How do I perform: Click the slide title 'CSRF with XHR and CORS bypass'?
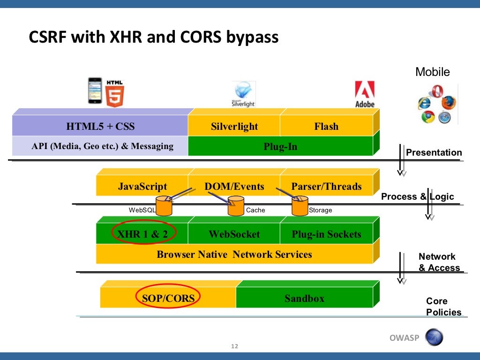point(154,37)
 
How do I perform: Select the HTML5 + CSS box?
point(100,127)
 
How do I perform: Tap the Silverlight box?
point(234,127)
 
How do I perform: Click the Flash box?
point(326,127)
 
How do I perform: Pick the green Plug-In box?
point(280,147)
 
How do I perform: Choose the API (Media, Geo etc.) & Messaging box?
point(102,146)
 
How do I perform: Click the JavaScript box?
point(142,187)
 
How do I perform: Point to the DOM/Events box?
point(234,187)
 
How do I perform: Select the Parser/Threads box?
point(326,187)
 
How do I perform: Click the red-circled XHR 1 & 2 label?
point(143,234)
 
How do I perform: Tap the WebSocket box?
point(234,234)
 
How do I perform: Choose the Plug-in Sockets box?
point(326,234)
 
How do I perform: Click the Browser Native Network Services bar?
point(234,255)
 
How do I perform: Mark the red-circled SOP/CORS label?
point(168,298)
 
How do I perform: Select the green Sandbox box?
point(304,298)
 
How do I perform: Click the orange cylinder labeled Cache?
point(236,207)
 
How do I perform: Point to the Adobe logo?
point(364,94)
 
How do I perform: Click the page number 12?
point(235,346)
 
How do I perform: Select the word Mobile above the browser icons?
point(432,72)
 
